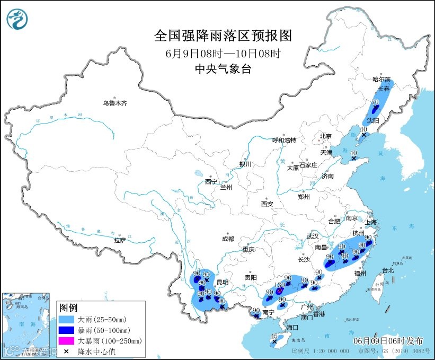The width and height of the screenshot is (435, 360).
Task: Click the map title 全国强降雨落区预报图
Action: tap(223, 36)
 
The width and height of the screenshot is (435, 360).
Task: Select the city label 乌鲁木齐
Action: tap(115, 103)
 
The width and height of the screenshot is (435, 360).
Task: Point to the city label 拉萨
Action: tap(120, 240)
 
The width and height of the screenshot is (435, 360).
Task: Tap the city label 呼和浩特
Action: tap(284, 140)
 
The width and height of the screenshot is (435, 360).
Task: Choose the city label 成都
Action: tap(228, 239)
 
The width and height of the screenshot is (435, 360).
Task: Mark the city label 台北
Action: tap(388, 270)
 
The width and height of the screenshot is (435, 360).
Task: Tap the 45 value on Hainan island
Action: tap(274, 336)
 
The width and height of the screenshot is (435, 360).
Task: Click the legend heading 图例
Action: tap(68, 308)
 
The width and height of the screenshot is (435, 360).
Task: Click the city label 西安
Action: tap(267, 204)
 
